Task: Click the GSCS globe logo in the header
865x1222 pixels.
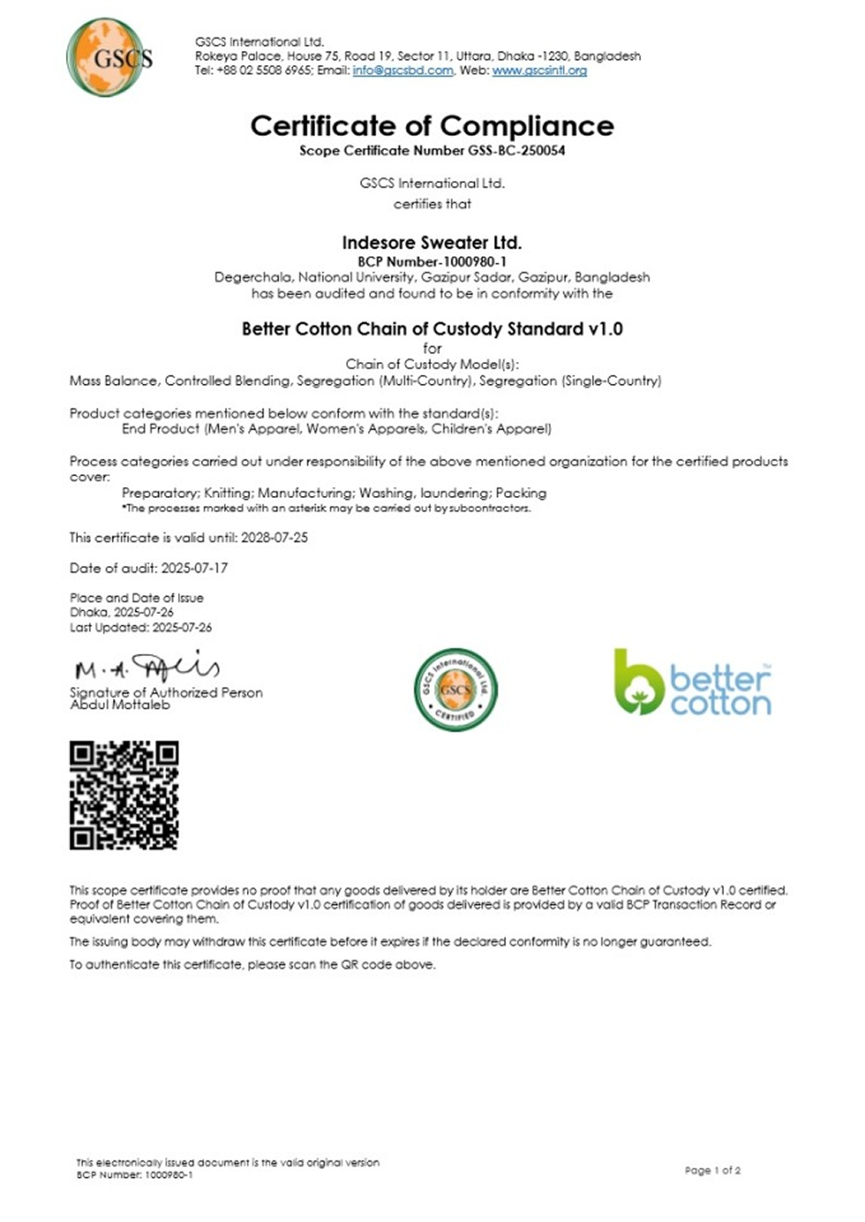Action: coord(110,57)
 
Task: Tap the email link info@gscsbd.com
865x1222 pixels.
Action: coord(402,71)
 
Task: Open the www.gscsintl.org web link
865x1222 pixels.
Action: coord(539,71)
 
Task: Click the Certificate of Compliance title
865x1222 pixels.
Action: coord(432,126)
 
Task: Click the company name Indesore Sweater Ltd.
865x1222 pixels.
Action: coord(432,243)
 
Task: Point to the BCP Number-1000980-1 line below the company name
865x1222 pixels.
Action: coord(432,262)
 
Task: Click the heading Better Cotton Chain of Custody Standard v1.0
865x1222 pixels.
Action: coord(432,329)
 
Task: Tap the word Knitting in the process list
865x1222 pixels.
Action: coord(226,492)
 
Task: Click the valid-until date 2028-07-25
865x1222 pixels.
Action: coord(275,537)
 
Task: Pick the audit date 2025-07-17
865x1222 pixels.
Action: coord(195,568)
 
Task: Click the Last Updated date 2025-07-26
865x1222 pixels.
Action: coord(182,628)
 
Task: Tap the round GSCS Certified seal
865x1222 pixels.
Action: coord(455,690)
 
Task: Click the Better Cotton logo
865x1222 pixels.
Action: coord(692,683)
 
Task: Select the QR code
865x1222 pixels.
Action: coord(124,795)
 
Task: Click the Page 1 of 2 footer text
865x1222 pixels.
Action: coord(713,1171)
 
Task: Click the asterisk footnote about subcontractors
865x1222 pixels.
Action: coord(326,508)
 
